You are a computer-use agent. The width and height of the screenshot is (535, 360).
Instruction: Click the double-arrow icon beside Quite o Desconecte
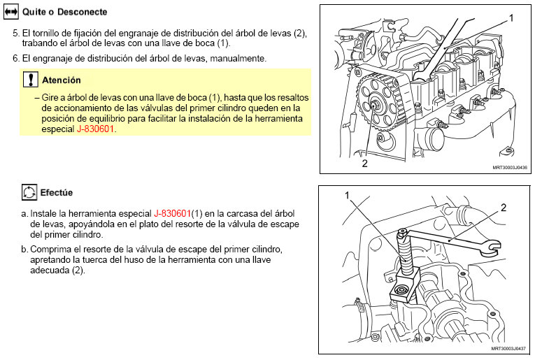[x=11, y=12]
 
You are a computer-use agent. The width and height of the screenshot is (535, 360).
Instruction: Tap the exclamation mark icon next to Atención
[x=30, y=79]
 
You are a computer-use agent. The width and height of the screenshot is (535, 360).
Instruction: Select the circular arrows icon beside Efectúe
[x=29, y=192]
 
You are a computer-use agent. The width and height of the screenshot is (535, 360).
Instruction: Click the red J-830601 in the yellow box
[x=95, y=129]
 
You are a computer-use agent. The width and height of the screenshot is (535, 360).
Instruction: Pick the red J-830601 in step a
[x=172, y=213]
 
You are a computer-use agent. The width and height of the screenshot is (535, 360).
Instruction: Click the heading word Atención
[x=62, y=80]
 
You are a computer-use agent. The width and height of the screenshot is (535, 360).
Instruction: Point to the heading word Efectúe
[x=57, y=193]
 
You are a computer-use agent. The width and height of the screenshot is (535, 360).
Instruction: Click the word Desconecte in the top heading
[x=83, y=12]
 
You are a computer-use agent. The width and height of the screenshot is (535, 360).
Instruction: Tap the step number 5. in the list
[x=16, y=34]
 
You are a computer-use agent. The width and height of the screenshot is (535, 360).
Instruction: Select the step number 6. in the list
[x=16, y=59]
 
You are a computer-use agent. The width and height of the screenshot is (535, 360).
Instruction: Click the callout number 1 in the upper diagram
[x=511, y=18]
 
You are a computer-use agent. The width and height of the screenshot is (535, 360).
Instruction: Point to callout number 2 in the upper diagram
[x=365, y=164]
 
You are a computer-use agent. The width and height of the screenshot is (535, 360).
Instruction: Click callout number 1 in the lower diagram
[x=348, y=195]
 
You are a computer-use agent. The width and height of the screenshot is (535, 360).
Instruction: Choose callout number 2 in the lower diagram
[x=504, y=208]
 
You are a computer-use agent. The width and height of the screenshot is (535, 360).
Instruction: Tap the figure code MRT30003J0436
[x=510, y=168]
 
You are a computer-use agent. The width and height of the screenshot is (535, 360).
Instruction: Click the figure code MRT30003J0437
[x=508, y=348]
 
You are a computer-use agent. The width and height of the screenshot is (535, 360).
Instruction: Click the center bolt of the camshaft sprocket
[x=373, y=104]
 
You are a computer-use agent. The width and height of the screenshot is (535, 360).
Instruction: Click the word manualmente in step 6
[x=238, y=59]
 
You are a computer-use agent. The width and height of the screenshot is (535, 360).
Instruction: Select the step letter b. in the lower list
[x=24, y=250]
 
